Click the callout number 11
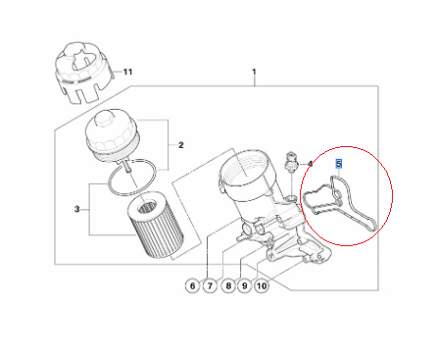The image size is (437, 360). [127, 72]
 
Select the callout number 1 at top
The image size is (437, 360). [254, 72]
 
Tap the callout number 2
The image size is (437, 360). [181, 145]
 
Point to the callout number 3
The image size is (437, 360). [76, 209]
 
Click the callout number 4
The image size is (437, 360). [310, 164]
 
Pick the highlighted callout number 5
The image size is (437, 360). [339, 164]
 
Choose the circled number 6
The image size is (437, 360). [192, 286]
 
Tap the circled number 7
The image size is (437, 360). [210, 286]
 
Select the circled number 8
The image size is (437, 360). [228, 286]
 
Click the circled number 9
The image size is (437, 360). [245, 286]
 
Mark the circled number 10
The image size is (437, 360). [262, 286]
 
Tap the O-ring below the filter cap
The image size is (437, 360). [132, 177]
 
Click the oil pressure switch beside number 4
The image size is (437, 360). [290, 161]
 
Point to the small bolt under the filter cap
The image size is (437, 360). [127, 167]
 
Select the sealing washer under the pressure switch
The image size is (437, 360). [291, 198]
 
